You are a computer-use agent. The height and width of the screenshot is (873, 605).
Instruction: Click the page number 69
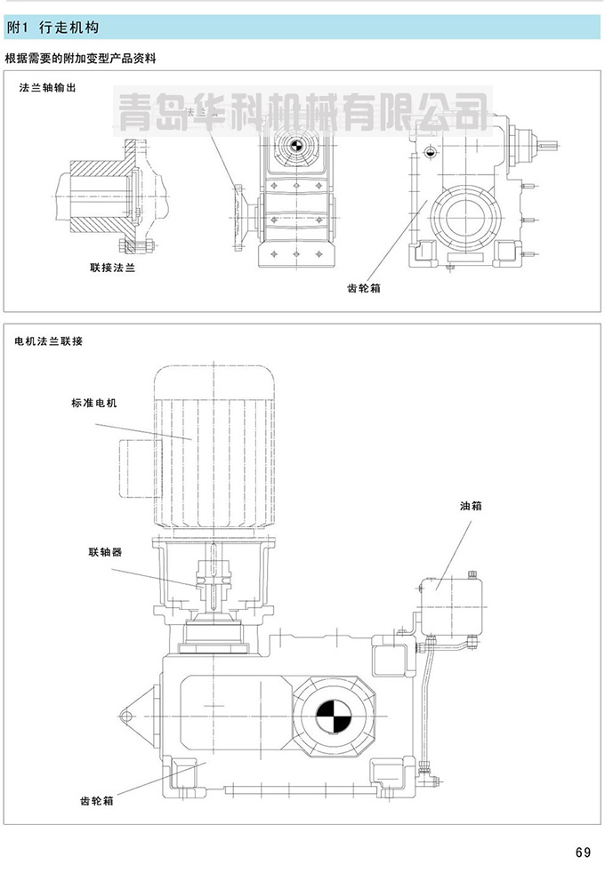583,853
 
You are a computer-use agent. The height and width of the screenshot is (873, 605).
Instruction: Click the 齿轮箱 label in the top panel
365,288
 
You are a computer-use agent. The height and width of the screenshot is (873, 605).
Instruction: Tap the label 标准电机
93,403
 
